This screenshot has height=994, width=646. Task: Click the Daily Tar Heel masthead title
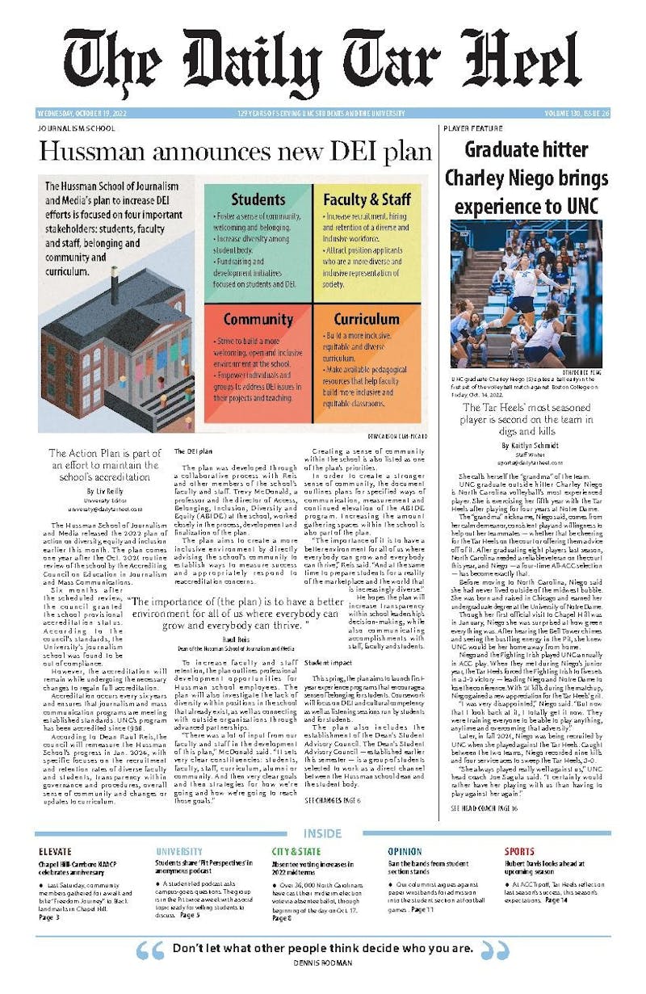323,65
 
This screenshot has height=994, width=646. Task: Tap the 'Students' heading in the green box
258,199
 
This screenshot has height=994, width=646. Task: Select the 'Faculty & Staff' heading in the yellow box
367,199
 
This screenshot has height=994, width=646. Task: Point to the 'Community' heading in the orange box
258,319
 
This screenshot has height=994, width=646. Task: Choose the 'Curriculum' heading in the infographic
367,319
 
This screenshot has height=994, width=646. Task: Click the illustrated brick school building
117,339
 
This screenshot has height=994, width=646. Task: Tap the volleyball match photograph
526,293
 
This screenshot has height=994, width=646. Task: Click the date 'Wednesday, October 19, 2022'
81,114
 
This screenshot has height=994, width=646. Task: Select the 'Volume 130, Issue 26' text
575,114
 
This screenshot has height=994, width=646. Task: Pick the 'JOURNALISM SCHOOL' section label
77,128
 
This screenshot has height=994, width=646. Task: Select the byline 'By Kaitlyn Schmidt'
527,446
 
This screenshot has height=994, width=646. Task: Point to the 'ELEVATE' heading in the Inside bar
55,851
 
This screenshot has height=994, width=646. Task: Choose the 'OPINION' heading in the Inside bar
405,851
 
